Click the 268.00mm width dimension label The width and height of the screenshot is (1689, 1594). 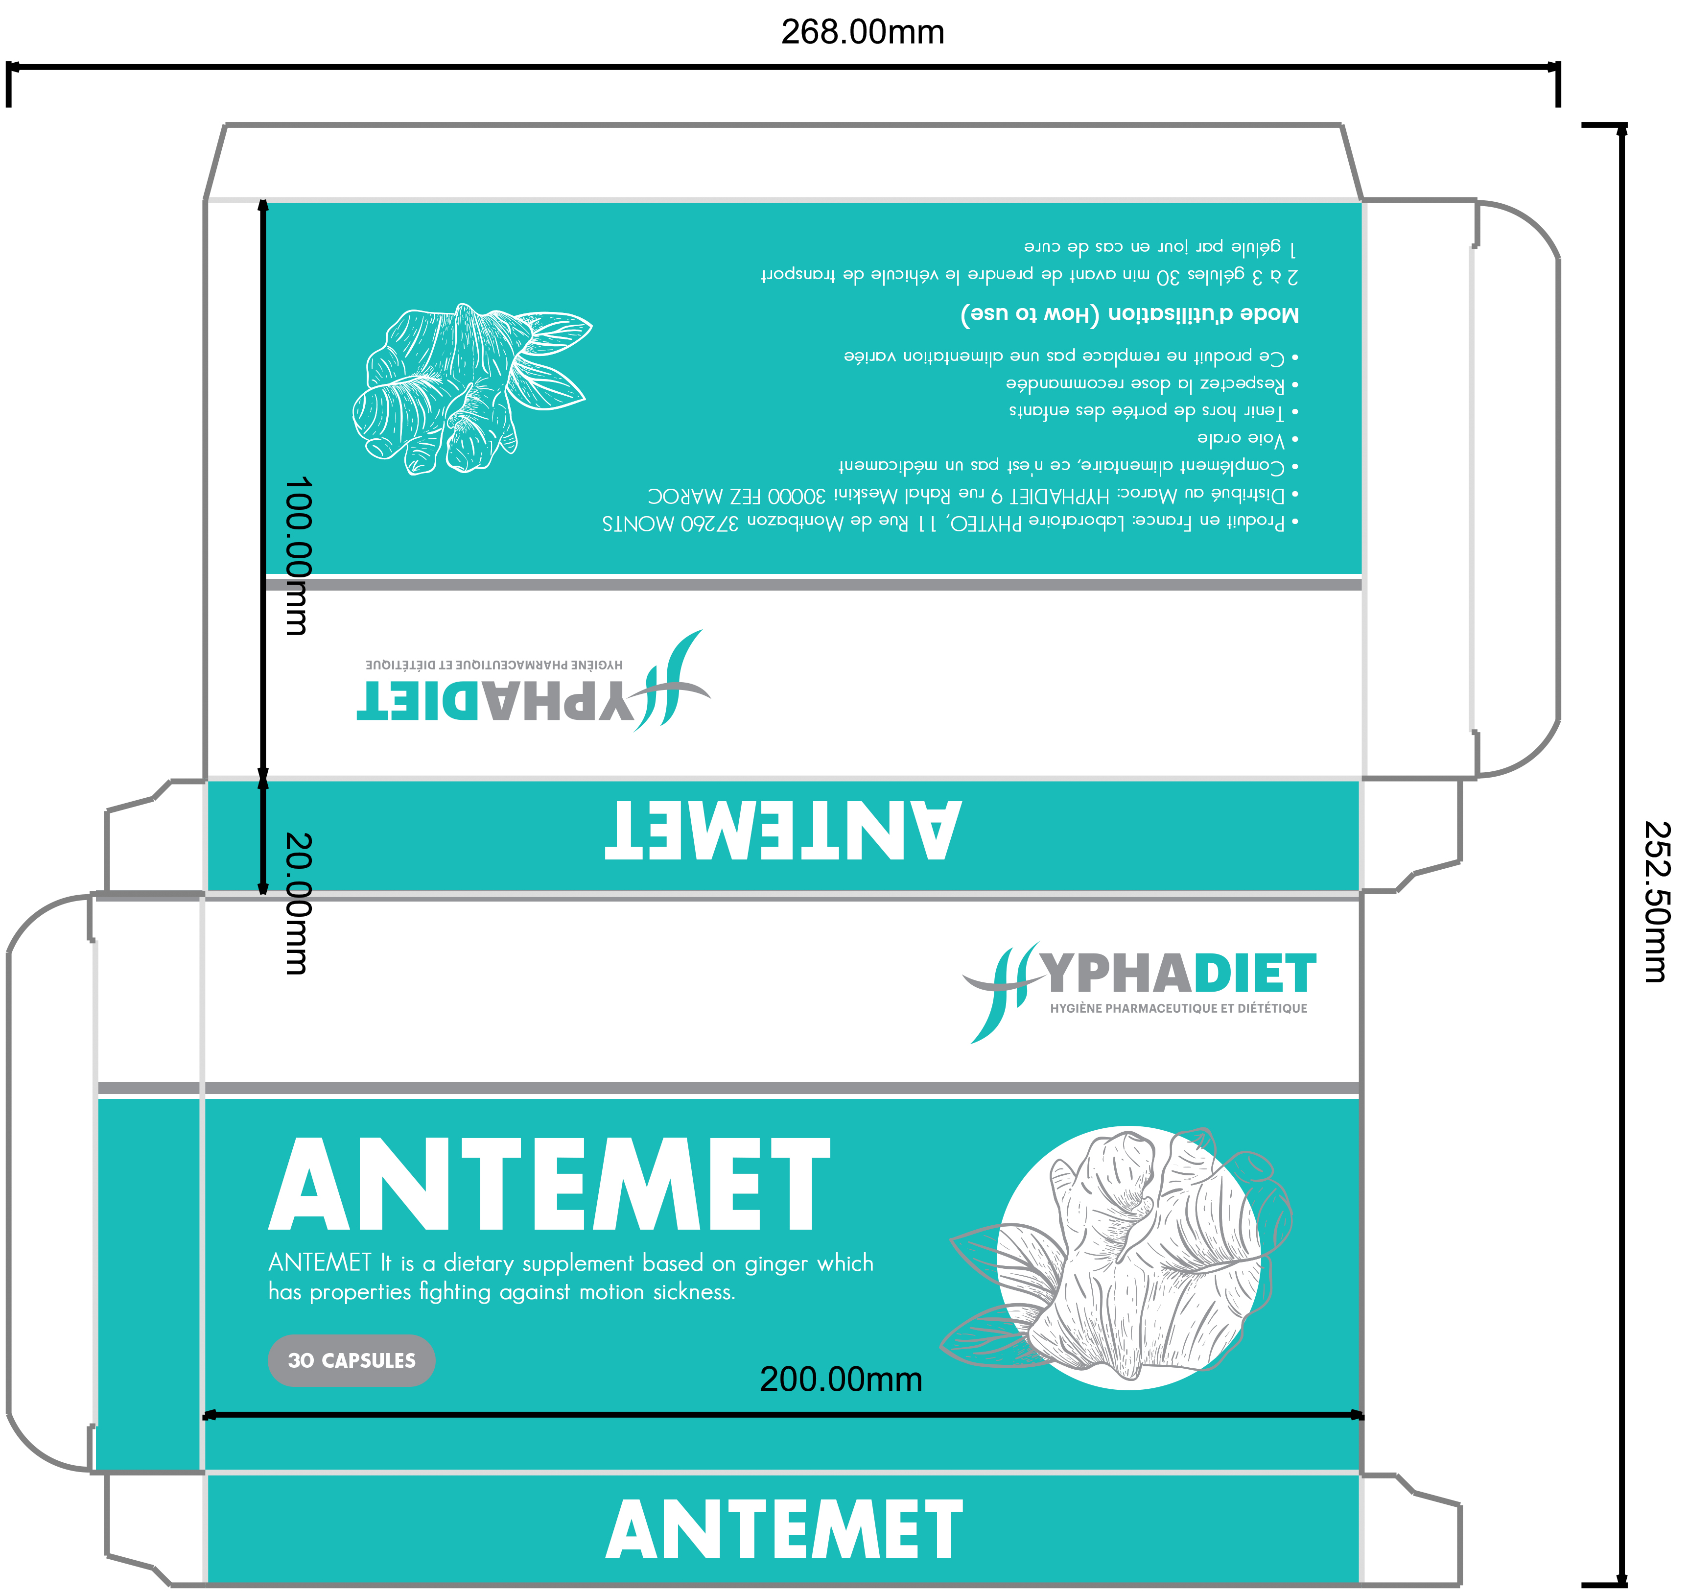point(862,32)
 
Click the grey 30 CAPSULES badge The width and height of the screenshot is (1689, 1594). point(352,1360)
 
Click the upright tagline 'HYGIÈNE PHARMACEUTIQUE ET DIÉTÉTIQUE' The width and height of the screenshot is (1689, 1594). point(1178,1009)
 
